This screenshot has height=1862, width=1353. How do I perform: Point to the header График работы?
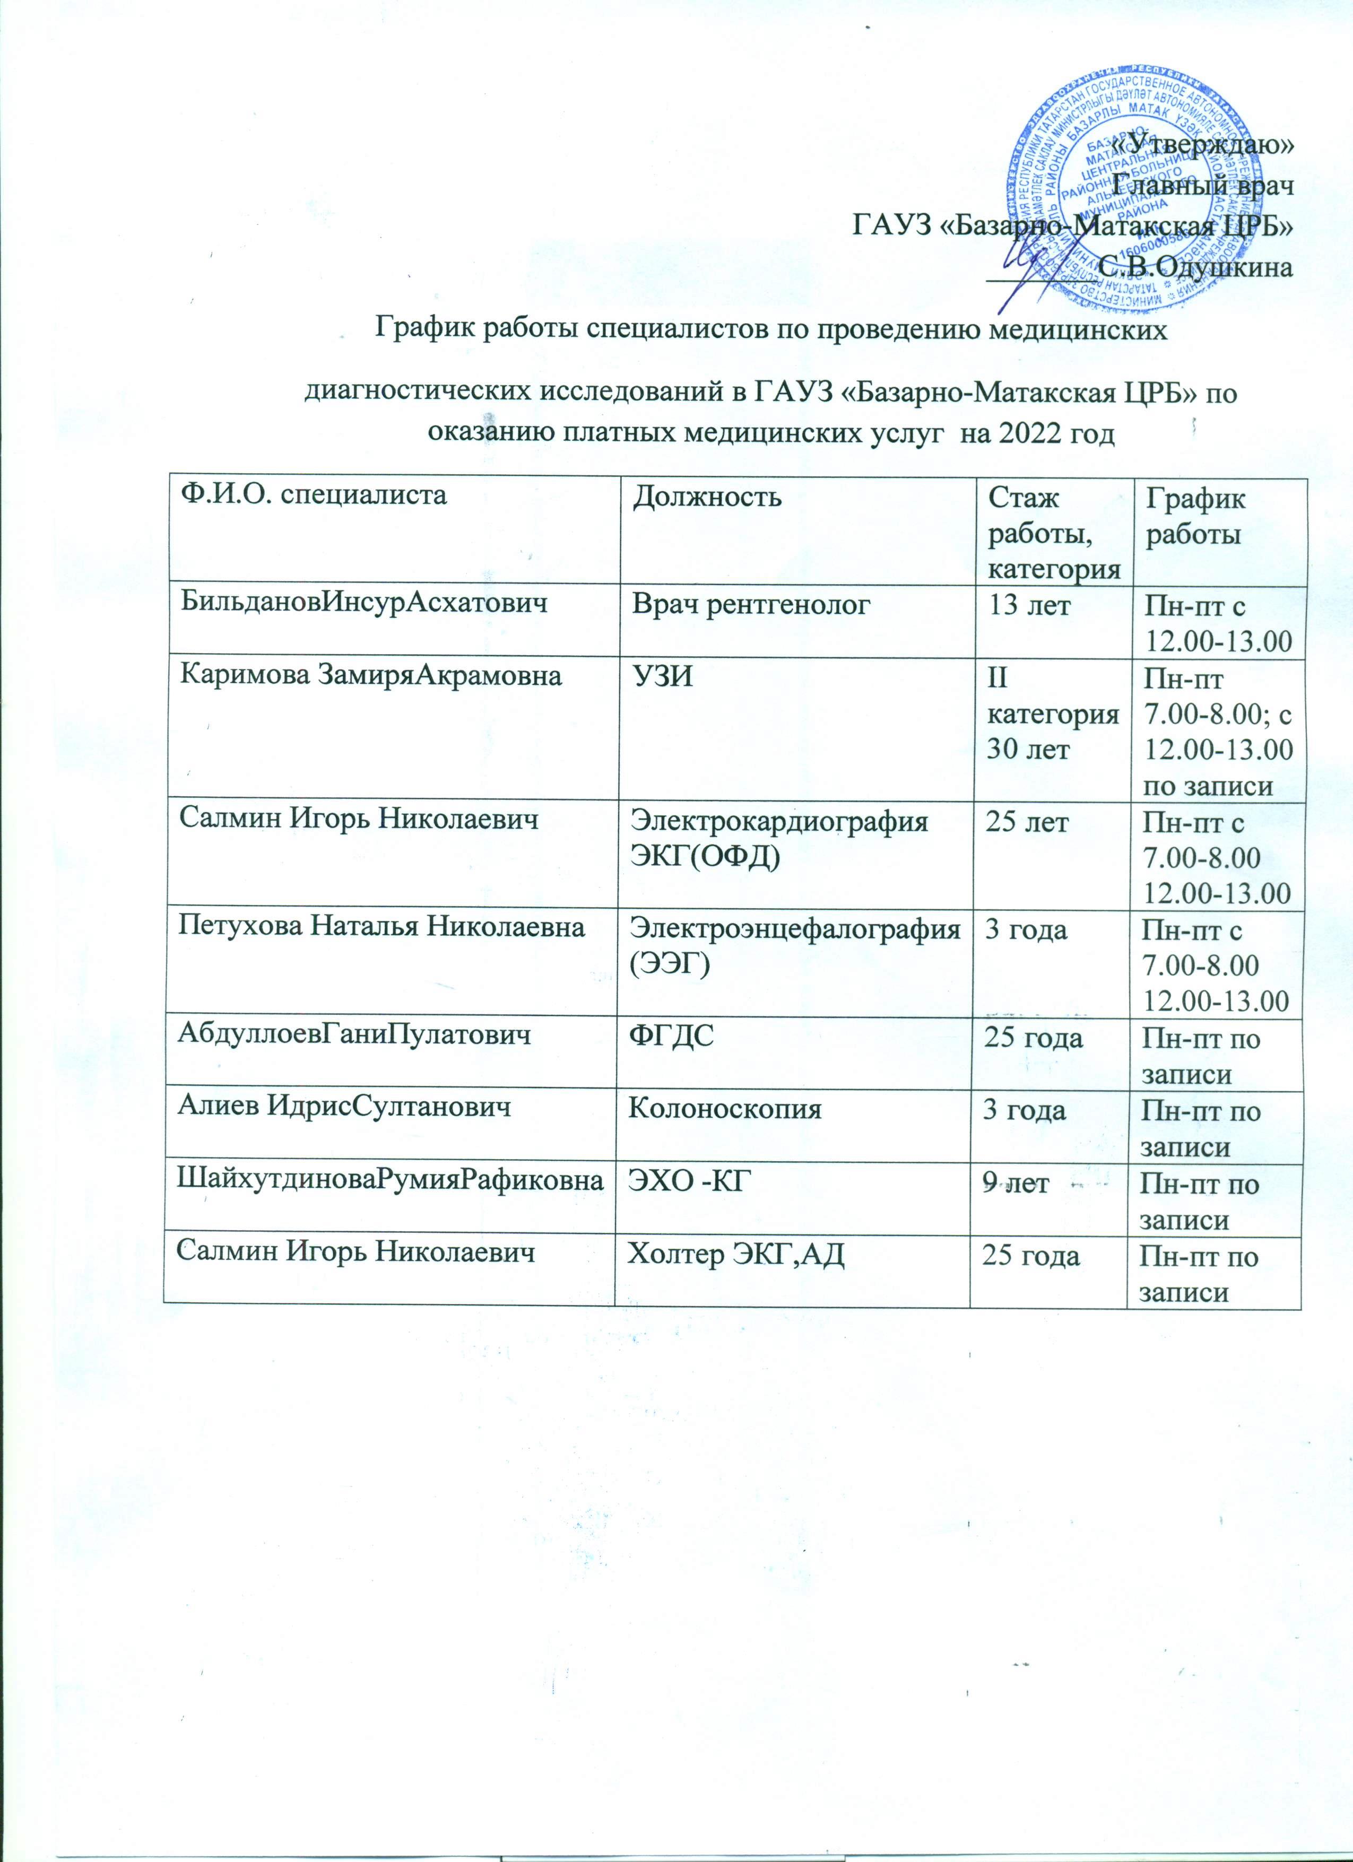[x=1194, y=516]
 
